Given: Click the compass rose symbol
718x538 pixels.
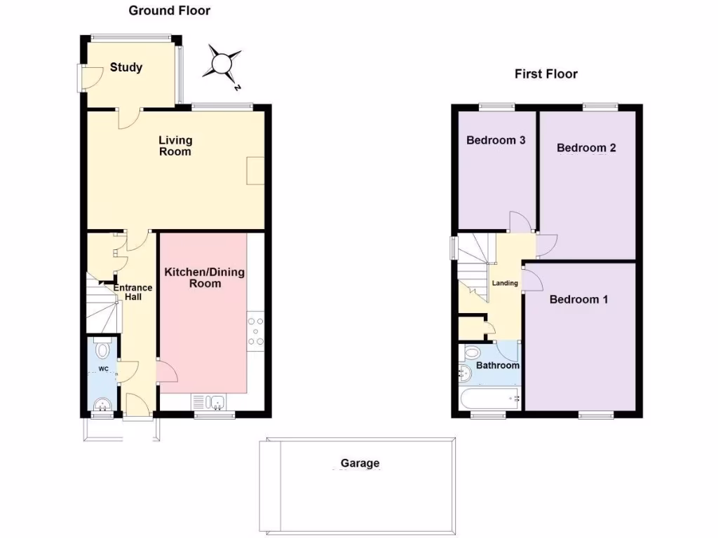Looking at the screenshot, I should [x=222, y=64].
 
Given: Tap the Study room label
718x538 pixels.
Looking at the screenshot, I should [x=126, y=67].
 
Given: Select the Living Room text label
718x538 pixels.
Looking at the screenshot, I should [x=175, y=146].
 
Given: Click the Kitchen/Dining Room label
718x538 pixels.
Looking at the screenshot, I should [x=204, y=277].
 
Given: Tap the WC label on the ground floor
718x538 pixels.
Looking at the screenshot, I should [x=103, y=368].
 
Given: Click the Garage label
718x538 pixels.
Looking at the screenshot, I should [x=360, y=463].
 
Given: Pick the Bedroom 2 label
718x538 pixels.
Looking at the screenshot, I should [x=586, y=148].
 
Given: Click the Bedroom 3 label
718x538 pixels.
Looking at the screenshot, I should [x=496, y=140].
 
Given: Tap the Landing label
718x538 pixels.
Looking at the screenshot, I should [x=505, y=283].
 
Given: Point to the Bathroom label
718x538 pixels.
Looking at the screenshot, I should [x=498, y=366].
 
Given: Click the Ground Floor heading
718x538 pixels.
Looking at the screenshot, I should [x=169, y=11].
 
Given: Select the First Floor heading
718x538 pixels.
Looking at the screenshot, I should [x=546, y=74].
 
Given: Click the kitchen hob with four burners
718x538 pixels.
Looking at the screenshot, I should [x=255, y=332].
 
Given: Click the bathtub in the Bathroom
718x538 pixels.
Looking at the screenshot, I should [x=488, y=399].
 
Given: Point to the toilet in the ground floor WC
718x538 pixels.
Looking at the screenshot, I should [x=103, y=349].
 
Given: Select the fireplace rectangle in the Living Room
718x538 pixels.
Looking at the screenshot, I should [x=255, y=170].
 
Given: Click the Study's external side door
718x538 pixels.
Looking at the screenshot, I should [x=82, y=78].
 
